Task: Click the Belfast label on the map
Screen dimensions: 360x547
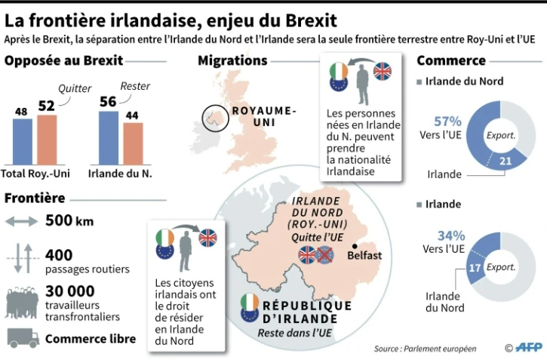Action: [x=364, y=256]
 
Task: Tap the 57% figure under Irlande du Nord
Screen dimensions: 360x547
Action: [x=448, y=121]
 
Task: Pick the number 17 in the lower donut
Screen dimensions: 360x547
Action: [x=475, y=266]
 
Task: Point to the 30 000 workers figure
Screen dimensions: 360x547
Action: [x=69, y=291]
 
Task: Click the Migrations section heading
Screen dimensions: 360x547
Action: [x=232, y=60]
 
